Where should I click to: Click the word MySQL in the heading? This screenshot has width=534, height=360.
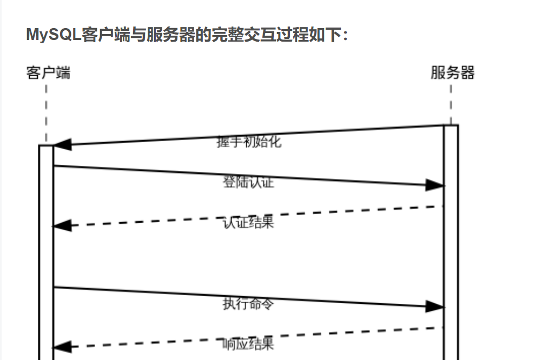point(54,35)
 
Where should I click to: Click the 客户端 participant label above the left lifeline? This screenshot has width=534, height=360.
point(48,73)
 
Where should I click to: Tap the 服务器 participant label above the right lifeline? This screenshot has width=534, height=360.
point(453,73)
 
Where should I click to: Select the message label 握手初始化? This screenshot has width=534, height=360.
point(249,142)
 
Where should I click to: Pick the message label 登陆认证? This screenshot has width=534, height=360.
point(249,182)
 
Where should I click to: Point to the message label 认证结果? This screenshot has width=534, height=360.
point(249,222)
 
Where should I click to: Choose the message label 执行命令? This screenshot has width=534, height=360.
point(249,304)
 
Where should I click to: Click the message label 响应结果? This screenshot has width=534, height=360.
point(249,344)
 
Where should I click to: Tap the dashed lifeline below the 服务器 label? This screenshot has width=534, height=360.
point(451,104)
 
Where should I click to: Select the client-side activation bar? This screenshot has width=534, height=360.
point(47,252)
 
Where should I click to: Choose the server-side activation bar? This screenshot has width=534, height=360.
point(451,242)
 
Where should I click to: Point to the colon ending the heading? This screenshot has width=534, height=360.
point(345,35)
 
